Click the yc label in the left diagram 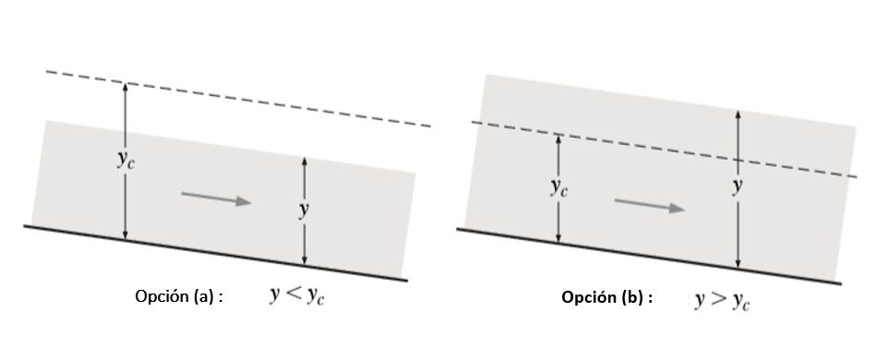[126, 161]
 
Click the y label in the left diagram [304, 210]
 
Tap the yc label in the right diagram [559, 188]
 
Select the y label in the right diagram [737, 186]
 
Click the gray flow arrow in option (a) [216, 198]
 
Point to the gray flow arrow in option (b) [650, 204]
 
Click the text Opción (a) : [179, 296]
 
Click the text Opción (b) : [607, 297]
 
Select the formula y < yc [297, 295]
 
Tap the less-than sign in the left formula [294, 294]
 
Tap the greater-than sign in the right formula [719, 299]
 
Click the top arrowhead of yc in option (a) [126, 87]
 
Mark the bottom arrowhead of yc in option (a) [126, 234]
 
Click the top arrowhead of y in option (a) [304, 162]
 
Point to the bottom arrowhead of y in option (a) [304, 260]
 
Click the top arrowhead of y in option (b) [738, 114]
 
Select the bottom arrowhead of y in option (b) [738, 263]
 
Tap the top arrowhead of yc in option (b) [558, 139]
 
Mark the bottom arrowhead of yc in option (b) [558, 238]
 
